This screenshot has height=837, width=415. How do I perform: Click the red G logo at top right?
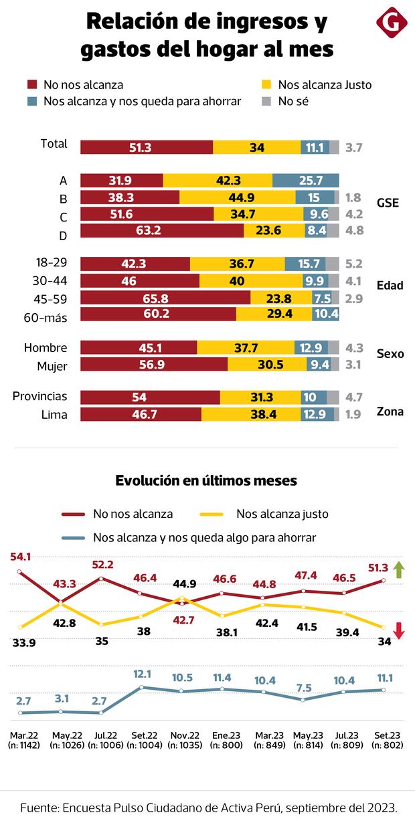[392, 23]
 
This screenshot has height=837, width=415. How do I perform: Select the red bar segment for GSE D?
[162, 231]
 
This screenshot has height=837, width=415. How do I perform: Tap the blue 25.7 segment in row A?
[306, 181]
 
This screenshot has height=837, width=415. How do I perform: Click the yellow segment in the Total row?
[256, 147]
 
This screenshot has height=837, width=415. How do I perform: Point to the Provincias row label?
[40, 397]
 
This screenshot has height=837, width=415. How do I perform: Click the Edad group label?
[390, 286]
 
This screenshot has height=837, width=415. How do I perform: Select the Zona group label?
[390, 411]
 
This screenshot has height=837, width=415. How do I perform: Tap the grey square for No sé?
[266, 102]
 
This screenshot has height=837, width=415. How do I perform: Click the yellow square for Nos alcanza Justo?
[266, 85]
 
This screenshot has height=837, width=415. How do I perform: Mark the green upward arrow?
[398, 570]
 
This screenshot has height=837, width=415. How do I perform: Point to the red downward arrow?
[398, 630]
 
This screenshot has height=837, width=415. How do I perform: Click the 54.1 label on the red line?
[20, 557]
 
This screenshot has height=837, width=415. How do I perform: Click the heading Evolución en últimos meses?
[206, 480]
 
